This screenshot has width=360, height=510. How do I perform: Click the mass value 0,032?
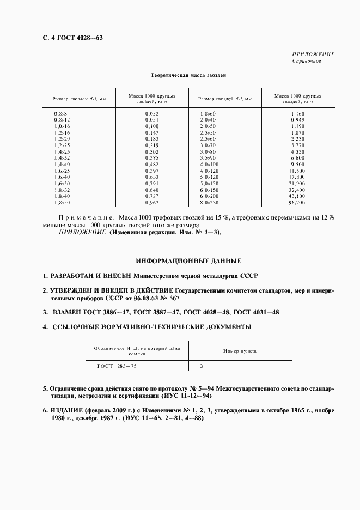(x=151, y=113)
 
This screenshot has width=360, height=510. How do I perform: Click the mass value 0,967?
(x=151, y=202)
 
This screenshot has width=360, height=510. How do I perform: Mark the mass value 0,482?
(x=151, y=164)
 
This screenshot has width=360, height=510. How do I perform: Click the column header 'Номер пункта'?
(x=240, y=351)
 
